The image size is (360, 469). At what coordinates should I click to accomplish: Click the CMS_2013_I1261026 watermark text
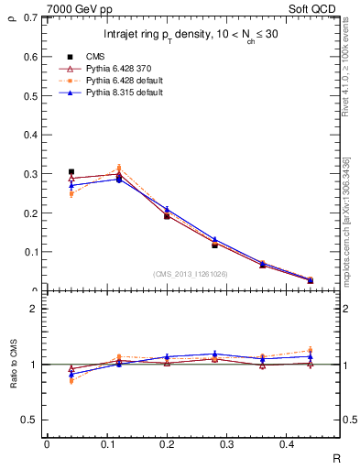coord(191,274)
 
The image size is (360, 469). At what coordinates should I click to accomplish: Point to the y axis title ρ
coord(11,14)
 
